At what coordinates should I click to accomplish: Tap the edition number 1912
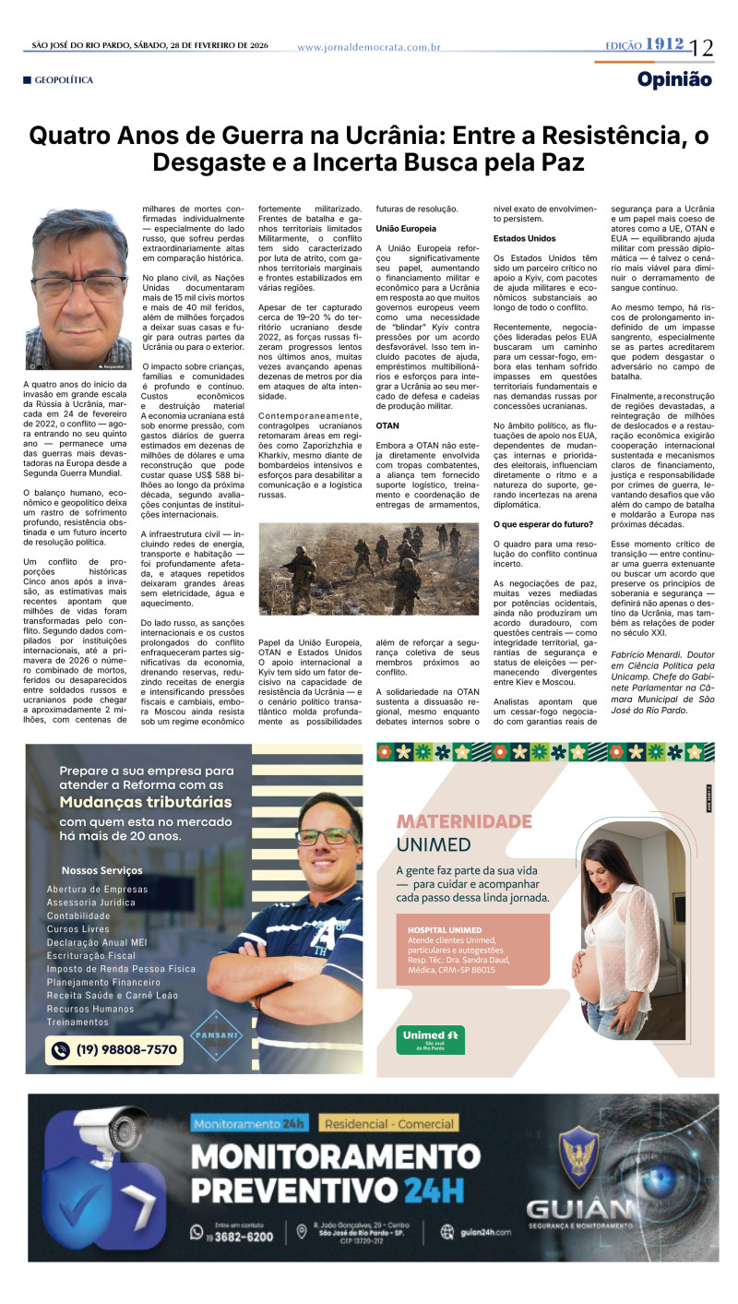coord(664,44)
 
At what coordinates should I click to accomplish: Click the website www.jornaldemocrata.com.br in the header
coord(369,46)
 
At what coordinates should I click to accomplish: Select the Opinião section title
coord(674,79)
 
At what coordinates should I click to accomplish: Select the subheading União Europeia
coord(406,228)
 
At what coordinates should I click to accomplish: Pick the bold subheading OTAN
coord(387,425)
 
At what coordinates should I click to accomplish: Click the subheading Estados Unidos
coord(523,238)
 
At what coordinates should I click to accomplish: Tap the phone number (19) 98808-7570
coord(116,1049)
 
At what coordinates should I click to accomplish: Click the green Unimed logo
coord(430,1037)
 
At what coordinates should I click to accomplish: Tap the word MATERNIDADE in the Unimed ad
coord(463,821)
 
